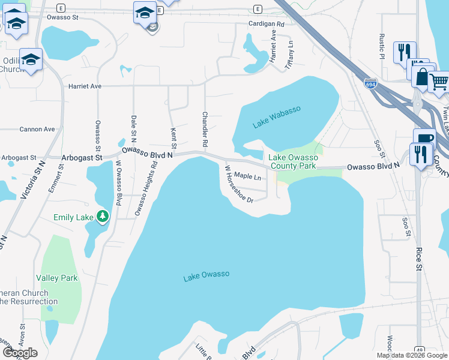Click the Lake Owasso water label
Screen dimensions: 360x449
pyautogui.click(x=206, y=275)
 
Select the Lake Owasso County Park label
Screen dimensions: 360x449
pyautogui.click(x=293, y=161)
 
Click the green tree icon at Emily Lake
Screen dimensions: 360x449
pyautogui.click(x=103, y=216)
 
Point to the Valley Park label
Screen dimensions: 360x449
pyautogui.click(x=57, y=278)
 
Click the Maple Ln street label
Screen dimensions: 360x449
pyautogui.click(x=247, y=176)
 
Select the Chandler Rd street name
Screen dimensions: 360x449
pyautogui.click(x=205, y=130)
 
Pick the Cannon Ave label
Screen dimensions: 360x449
pyautogui.click(x=37, y=129)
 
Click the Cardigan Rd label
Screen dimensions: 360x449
pyautogui.click(x=266, y=24)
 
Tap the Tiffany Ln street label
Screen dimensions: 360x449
pyautogui.click(x=290, y=54)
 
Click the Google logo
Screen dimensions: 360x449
pyautogui.click(x=20, y=352)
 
